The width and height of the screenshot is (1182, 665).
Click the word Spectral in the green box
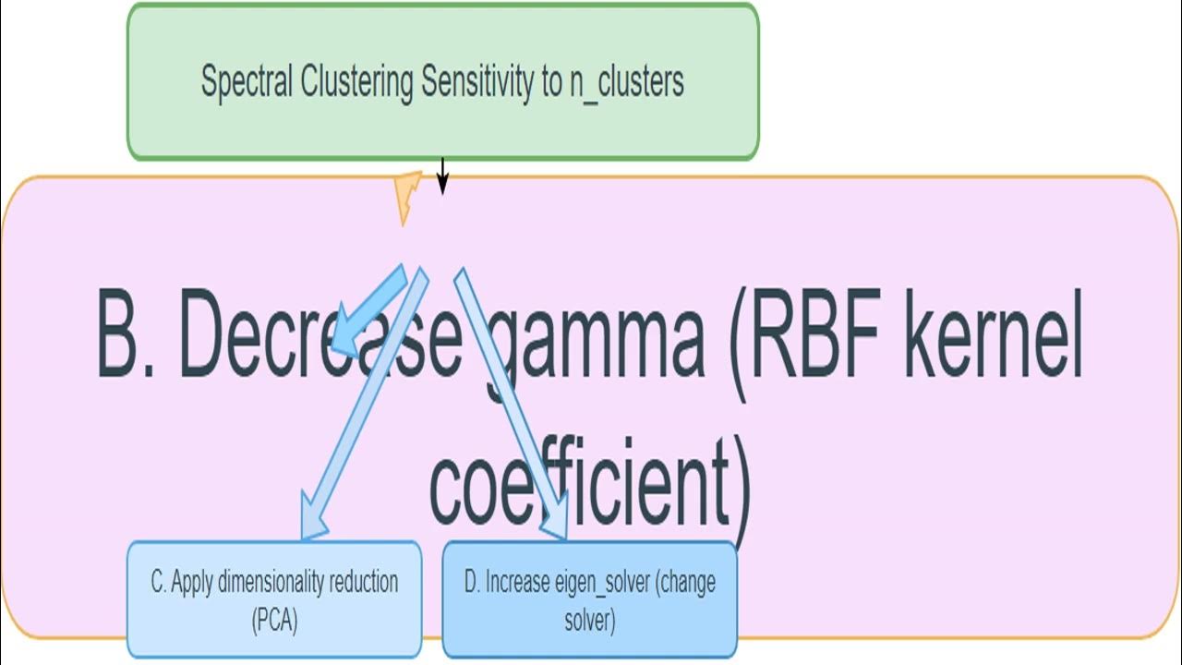coord(247,82)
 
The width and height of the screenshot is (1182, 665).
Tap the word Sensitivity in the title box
coord(478,82)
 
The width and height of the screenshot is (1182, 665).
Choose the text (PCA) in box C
coord(274,621)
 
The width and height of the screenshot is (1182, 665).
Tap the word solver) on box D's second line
coord(590,621)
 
